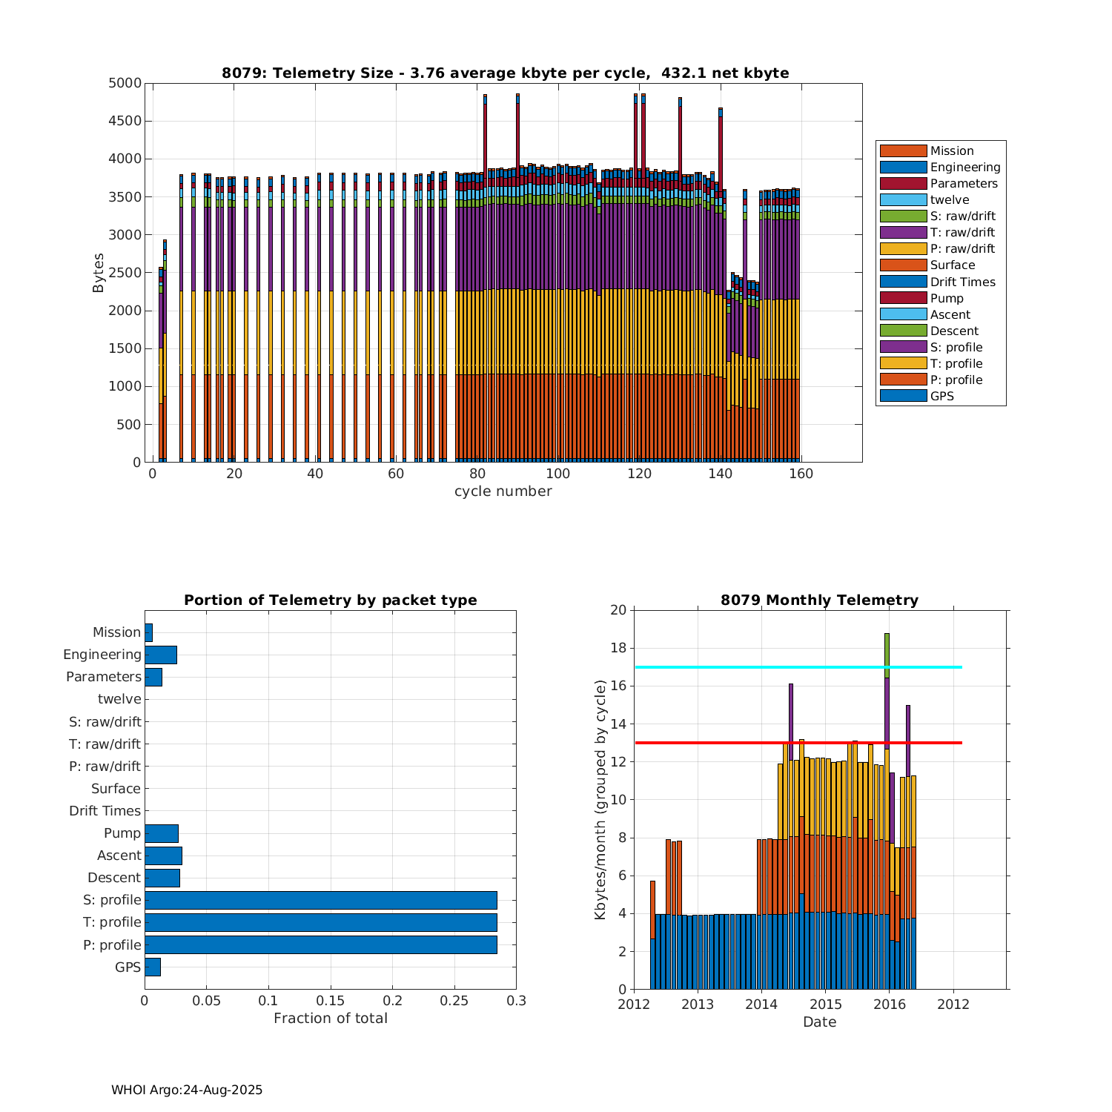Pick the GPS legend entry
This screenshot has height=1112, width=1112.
941,396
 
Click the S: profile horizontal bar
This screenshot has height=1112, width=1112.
320,900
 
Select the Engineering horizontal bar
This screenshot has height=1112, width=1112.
161,655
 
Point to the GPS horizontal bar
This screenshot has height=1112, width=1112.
153,967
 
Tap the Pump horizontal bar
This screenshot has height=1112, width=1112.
162,833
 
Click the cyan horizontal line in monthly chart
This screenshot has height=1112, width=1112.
798,667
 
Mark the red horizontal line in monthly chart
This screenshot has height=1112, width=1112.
798,742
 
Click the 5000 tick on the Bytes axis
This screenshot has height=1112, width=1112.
125,83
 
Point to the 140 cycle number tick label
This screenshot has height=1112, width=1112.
720,474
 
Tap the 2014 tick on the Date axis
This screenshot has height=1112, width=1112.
761,1005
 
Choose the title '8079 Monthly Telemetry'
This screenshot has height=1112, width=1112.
819,600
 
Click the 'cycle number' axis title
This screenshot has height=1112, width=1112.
503,492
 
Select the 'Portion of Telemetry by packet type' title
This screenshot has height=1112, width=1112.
331,600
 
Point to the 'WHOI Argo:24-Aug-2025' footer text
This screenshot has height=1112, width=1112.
187,1090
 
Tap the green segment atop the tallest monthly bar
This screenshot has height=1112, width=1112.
887,655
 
